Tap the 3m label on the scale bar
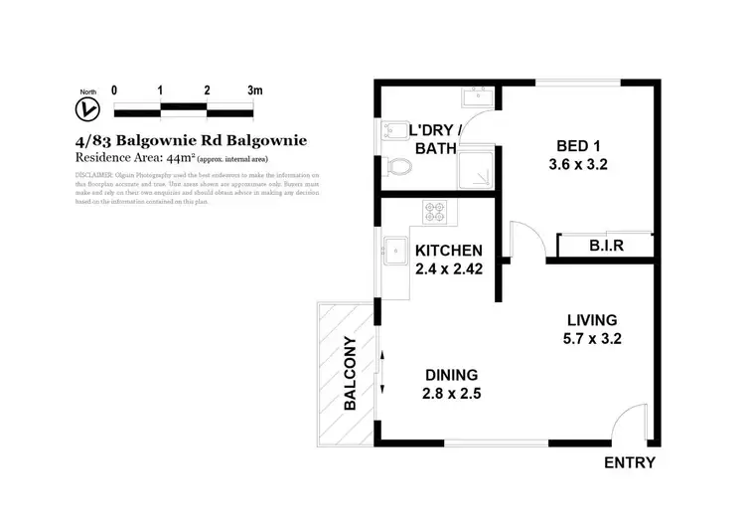254,90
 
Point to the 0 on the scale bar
114,90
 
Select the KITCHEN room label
449,250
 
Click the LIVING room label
592,320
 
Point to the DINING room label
452,375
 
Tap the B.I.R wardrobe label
605,245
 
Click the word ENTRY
630,463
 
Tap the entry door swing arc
627,426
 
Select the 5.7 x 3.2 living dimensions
592,338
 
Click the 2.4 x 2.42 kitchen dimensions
449,267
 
